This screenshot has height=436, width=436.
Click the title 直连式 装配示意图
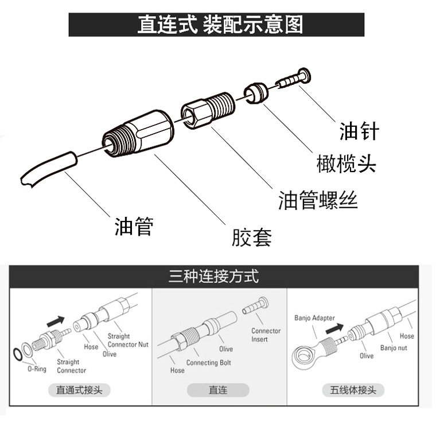pyautogui.click(x=216, y=25)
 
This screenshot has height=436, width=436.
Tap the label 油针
pyautogui.click(x=360, y=131)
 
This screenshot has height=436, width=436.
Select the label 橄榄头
pyautogui.click(x=346, y=164)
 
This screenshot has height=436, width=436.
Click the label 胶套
pyautogui.click(x=251, y=237)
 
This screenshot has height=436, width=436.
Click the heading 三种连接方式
pyautogui.click(x=213, y=277)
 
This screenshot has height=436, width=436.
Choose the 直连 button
pyautogui.click(x=217, y=390)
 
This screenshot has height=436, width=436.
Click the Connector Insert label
pyautogui.click(x=266, y=335)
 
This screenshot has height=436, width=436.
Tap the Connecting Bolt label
pyautogui.click(x=209, y=363)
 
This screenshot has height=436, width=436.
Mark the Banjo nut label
pyautogui.click(x=393, y=348)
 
